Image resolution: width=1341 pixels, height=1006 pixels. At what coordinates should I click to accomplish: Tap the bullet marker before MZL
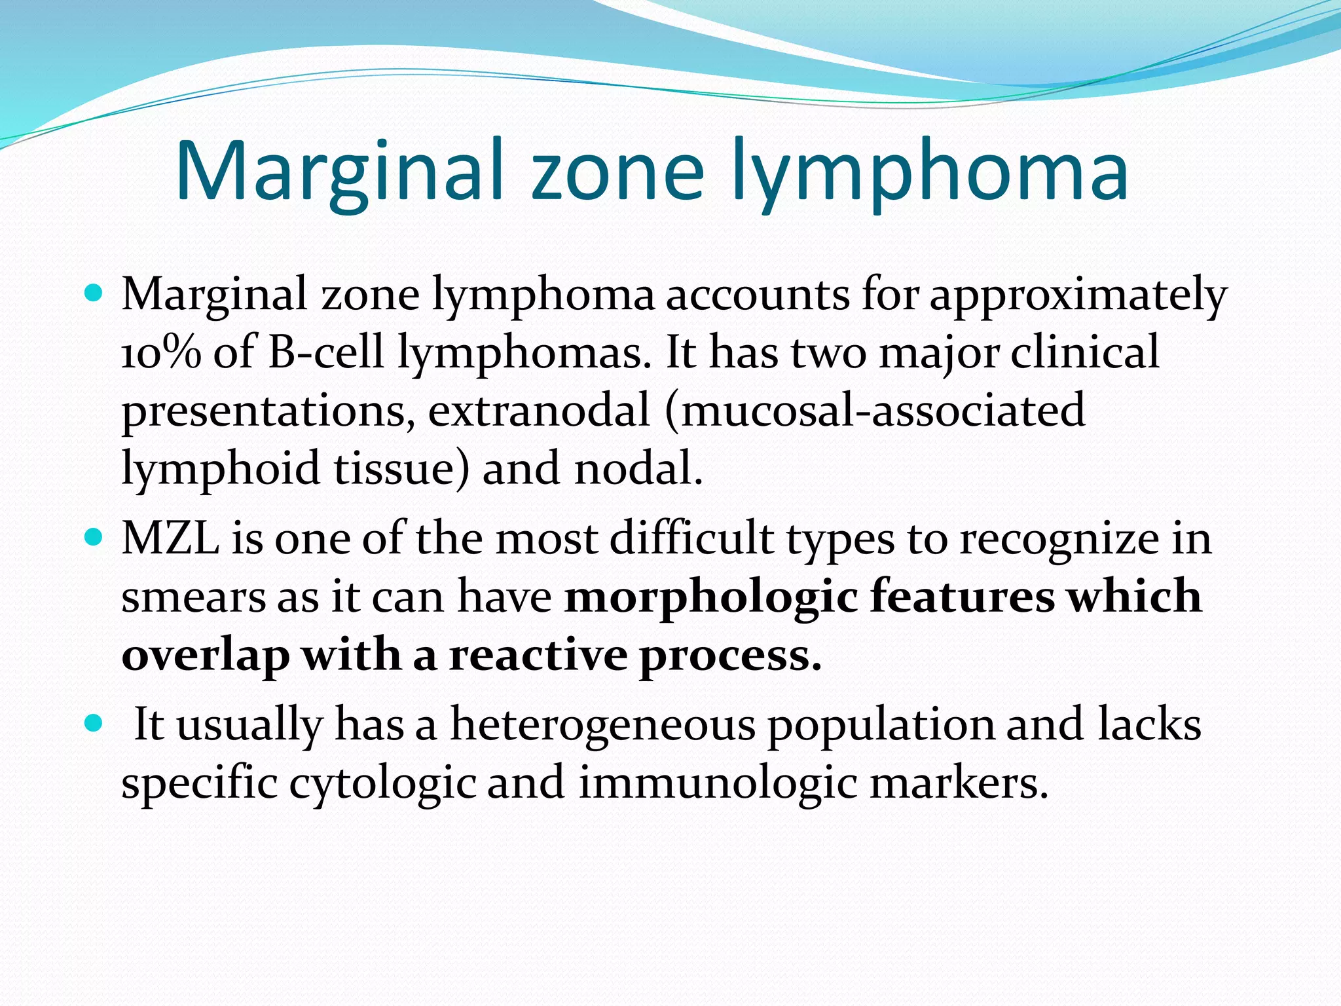click(x=94, y=537)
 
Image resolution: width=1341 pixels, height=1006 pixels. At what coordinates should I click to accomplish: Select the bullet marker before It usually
click(x=94, y=724)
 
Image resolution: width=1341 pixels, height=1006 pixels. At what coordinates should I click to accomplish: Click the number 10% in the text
click(x=161, y=353)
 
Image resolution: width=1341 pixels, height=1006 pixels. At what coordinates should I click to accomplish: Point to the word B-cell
click(x=325, y=353)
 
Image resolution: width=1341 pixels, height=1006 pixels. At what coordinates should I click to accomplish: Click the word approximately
click(x=1078, y=295)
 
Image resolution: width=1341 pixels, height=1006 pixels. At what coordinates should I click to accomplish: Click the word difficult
click(x=691, y=538)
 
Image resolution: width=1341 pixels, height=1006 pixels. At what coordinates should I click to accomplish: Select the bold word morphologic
click(x=711, y=597)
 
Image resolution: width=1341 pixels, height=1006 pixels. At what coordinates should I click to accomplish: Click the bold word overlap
click(x=205, y=656)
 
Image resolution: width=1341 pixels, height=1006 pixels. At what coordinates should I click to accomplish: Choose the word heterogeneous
click(x=602, y=726)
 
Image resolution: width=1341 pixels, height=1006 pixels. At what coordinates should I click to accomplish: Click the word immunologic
click(x=718, y=783)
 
